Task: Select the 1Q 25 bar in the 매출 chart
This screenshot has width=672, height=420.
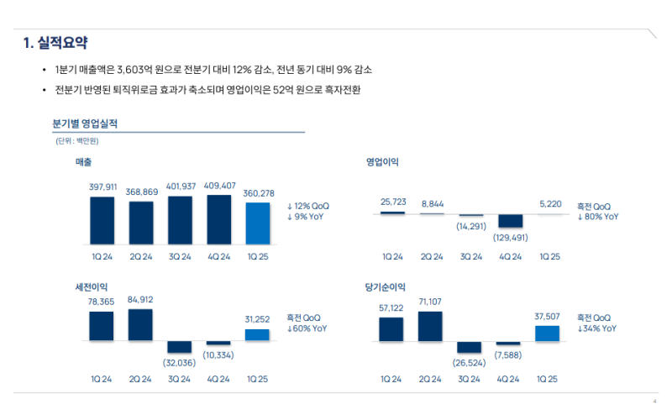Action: pyautogui.click(x=258, y=223)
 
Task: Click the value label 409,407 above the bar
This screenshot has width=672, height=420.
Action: pyautogui.click(x=219, y=186)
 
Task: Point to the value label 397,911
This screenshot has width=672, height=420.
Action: pyautogui.click(x=102, y=186)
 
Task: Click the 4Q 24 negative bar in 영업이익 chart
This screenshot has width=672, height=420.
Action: pyautogui.click(x=510, y=221)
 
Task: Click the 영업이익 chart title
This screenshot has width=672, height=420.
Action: pyautogui.click(x=382, y=161)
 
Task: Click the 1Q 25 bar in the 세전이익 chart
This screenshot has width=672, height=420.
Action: pyautogui.click(x=258, y=334)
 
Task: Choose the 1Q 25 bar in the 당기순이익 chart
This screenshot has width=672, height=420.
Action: pyautogui.click(x=547, y=333)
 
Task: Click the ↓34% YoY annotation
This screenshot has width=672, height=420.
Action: pyautogui.click(x=597, y=329)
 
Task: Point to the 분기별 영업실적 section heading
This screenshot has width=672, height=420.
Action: pyautogui.click(x=85, y=123)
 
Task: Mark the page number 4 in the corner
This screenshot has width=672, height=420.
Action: pyautogui.click(x=654, y=401)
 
